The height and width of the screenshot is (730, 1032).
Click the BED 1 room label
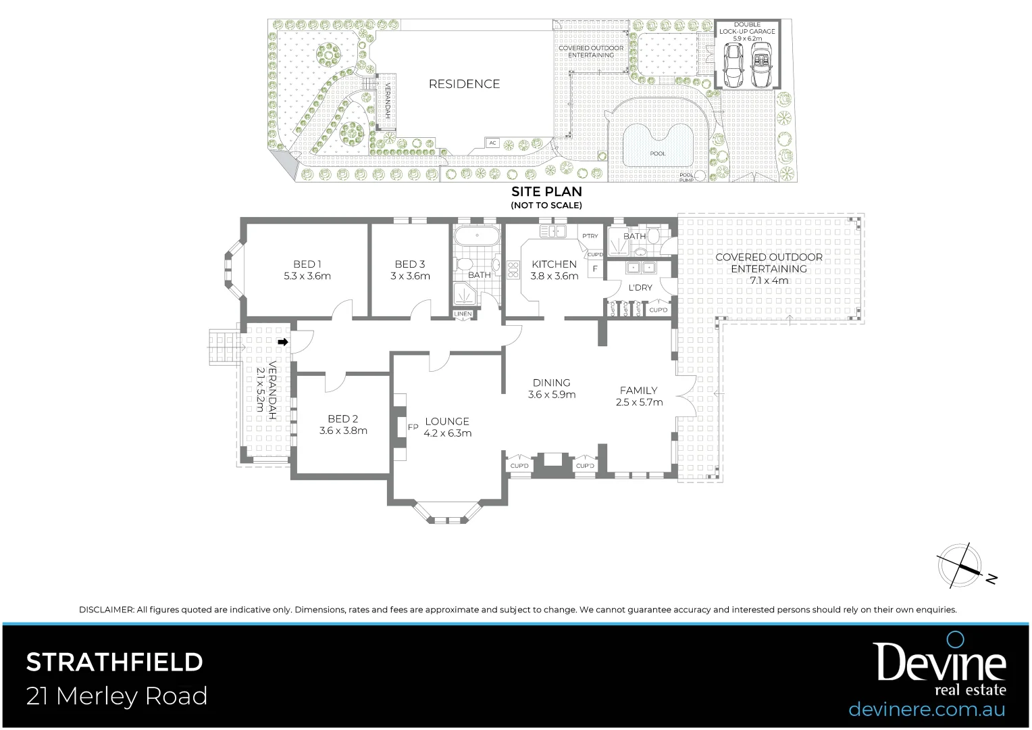(x=307, y=264)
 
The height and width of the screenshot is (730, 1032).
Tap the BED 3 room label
(x=410, y=264)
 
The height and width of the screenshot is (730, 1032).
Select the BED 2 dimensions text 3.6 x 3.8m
(x=343, y=431)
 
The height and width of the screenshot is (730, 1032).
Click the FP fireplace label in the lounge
(x=413, y=427)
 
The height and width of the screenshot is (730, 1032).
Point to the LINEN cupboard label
(x=463, y=314)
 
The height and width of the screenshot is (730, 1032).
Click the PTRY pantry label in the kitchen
(x=590, y=236)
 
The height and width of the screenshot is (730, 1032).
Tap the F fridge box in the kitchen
(x=595, y=268)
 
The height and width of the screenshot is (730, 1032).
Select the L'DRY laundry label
(x=640, y=287)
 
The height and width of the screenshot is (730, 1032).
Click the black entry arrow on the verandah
(x=284, y=343)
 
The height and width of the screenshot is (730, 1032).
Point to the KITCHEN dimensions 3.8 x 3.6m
(x=554, y=276)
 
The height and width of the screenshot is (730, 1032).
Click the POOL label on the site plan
(x=657, y=153)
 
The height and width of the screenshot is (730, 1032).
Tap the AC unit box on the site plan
(x=492, y=143)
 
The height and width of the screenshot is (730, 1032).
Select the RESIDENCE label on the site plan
(x=465, y=84)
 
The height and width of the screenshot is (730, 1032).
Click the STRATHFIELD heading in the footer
(x=114, y=662)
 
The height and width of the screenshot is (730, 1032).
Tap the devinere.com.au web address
(x=927, y=710)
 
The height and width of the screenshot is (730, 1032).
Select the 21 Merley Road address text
(x=117, y=696)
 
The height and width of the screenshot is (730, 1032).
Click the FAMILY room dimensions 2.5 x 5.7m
(x=639, y=402)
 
